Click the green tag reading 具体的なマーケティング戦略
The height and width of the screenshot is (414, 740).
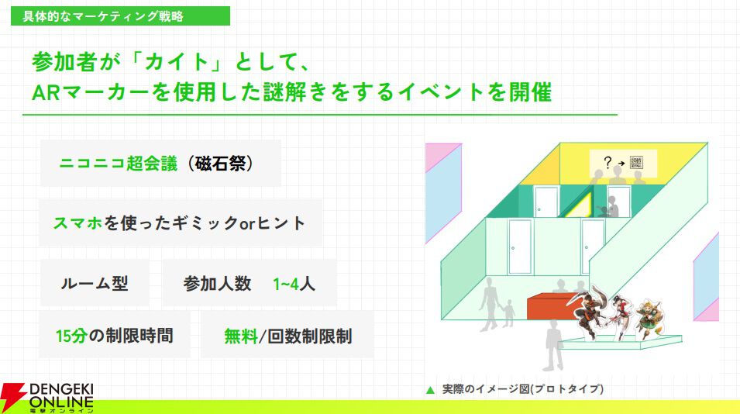click(120, 16)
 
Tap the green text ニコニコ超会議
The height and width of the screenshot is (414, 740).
click(119, 164)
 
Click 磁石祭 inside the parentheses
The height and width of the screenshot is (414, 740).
click(220, 164)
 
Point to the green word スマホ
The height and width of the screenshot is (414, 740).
click(77, 223)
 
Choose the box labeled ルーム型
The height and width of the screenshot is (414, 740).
click(95, 283)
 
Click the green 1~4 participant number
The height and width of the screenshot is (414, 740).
click(285, 285)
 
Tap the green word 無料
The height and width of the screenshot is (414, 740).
click(241, 336)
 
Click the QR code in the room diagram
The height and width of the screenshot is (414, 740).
click(636, 162)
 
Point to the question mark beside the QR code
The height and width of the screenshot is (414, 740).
click(607, 162)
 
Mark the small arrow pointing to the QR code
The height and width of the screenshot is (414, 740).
click(621, 164)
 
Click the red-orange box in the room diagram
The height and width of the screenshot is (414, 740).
click(552, 306)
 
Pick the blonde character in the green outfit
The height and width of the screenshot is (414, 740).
click(649, 319)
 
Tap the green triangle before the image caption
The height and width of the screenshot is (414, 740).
click(430, 390)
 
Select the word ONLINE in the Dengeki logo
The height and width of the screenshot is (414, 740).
click(61, 402)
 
